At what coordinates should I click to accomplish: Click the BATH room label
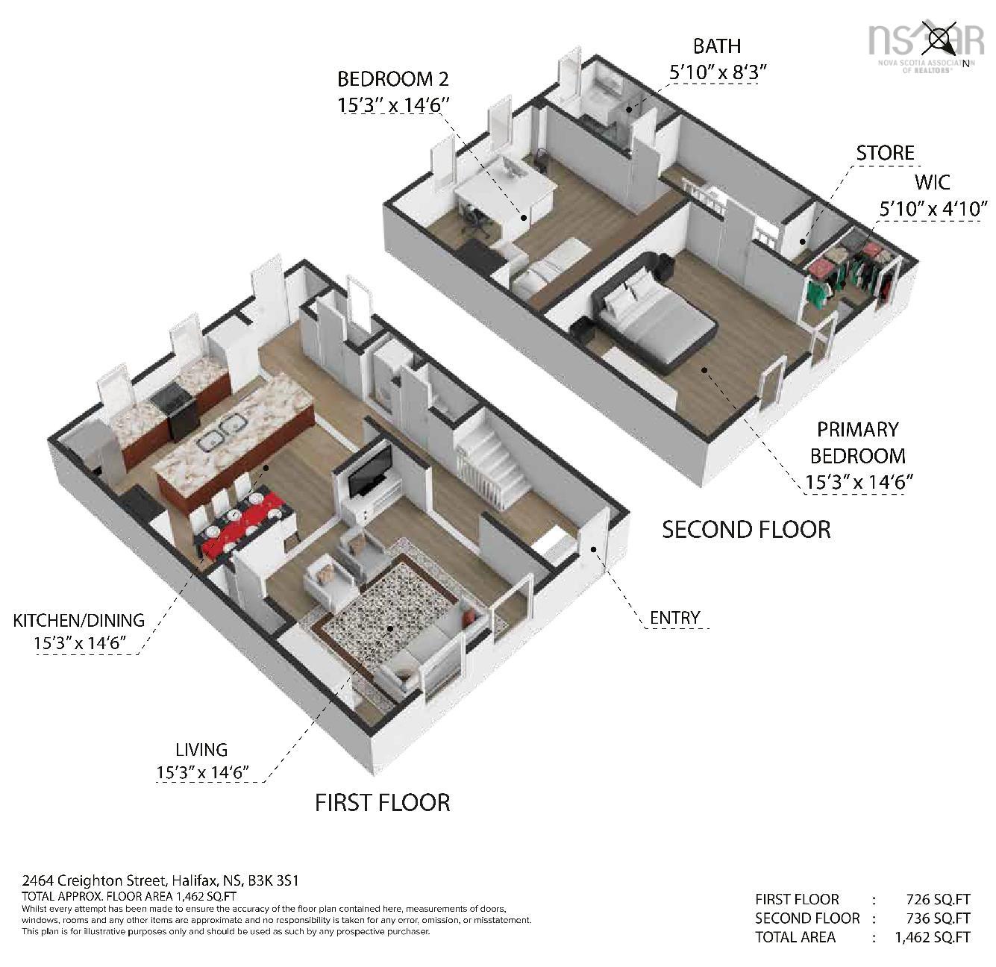[716, 46]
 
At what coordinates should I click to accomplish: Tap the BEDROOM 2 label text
[393, 79]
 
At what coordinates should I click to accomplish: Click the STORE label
[885, 153]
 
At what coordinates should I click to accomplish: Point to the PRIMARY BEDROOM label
[858, 442]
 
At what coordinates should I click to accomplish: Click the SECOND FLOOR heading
[746, 529]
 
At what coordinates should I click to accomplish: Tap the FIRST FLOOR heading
[382, 803]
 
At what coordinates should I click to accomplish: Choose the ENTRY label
[674, 618]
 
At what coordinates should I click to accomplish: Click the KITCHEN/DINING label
[79, 621]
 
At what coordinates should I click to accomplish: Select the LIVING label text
[201, 750]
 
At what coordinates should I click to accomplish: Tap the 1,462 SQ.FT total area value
[932, 936]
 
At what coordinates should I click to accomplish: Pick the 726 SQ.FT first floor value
[938, 899]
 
